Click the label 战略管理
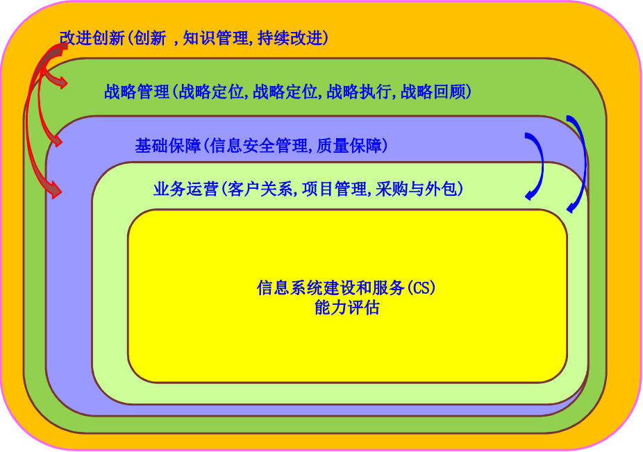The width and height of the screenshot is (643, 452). [137, 92]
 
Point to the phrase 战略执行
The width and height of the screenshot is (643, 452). [359, 92]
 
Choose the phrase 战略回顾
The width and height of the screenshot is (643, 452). [433, 92]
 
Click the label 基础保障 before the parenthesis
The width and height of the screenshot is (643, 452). [168, 146]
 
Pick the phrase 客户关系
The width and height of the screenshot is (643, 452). [260, 189]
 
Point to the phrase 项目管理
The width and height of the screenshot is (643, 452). [334, 189]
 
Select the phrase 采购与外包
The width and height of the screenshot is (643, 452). [416, 189]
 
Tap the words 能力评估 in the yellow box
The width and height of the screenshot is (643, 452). [347, 308]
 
